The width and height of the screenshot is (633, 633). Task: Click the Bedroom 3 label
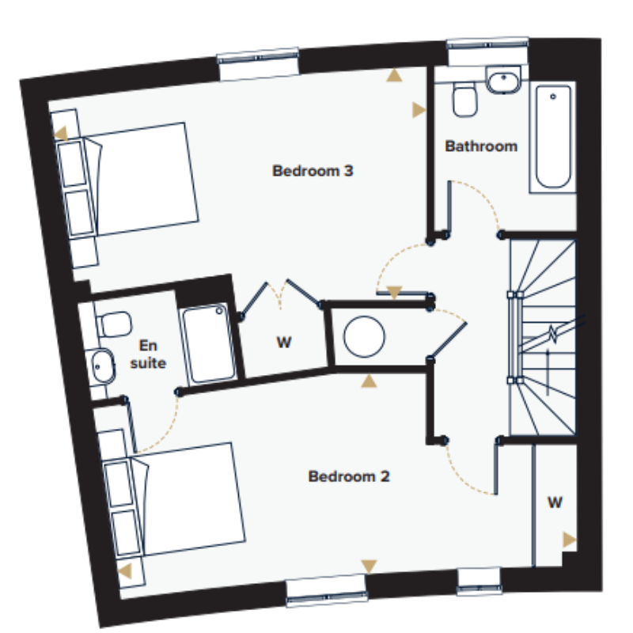click(x=313, y=171)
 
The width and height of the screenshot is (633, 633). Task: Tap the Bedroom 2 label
click(x=349, y=476)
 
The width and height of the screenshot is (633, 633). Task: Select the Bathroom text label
click(x=481, y=146)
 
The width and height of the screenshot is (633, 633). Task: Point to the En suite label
click(x=148, y=354)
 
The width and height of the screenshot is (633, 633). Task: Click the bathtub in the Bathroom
click(x=553, y=136)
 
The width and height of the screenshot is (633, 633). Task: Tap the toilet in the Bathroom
click(x=464, y=100)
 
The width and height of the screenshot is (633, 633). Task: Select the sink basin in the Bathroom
click(x=503, y=81)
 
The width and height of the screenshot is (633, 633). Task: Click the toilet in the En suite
click(x=114, y=324)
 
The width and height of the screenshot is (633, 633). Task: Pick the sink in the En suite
click(x=102, y=366)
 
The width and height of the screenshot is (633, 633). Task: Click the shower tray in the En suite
click(x=208, y=343)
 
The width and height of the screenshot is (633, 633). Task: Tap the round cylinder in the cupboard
click(x=364, y=337)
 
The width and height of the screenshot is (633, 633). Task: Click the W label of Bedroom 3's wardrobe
click(x=284, y=343)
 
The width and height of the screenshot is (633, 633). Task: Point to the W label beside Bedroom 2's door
click(x=555, y=502)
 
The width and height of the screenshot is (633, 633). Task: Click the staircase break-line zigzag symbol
click(x=552, y=334)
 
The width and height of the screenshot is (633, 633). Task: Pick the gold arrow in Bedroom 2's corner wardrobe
click(x=569, y=540)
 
